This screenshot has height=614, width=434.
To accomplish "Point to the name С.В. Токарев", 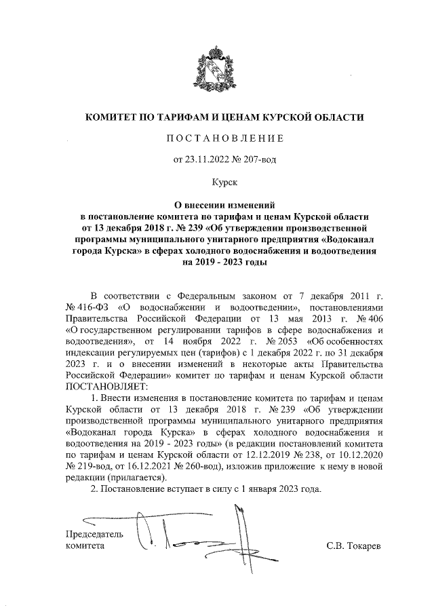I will click(x=354, y=545).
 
